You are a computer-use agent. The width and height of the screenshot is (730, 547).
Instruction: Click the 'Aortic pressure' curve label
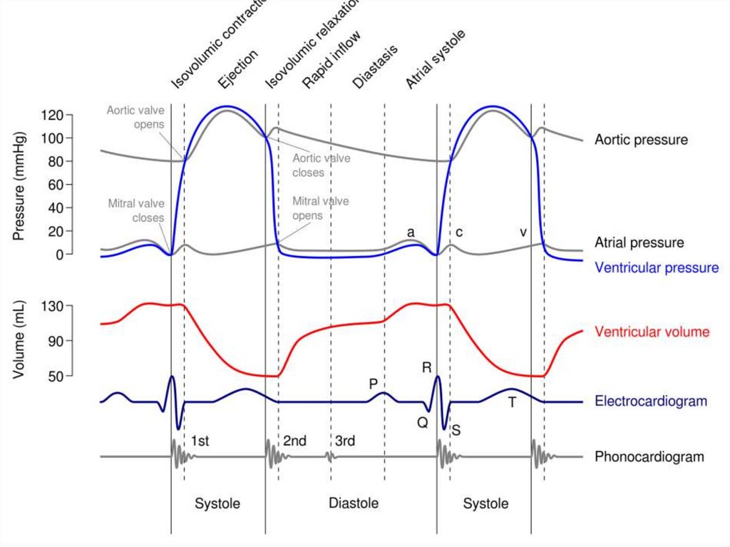(641, 140)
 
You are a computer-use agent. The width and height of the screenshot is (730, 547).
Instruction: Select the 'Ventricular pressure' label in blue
(657, 268)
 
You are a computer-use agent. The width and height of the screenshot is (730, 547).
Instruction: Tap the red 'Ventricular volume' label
(652, 332)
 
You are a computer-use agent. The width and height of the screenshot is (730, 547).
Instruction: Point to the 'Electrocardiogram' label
(650, 402)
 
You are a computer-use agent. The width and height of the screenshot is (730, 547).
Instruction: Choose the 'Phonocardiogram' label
(649, 457)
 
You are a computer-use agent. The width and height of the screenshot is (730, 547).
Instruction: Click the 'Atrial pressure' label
(639, 243)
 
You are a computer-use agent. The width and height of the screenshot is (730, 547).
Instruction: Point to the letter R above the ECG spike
(426, 368)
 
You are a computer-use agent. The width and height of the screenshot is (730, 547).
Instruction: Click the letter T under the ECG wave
(512, 403)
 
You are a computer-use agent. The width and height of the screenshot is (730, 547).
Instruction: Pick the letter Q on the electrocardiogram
(423, 421)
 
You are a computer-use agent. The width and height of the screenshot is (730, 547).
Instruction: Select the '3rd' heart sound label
(345, 441)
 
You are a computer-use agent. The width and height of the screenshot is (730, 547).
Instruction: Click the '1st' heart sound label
(200, 441)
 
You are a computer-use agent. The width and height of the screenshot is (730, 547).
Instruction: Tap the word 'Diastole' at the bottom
(354, 503)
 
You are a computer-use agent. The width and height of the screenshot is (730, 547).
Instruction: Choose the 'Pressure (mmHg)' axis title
(19, 185)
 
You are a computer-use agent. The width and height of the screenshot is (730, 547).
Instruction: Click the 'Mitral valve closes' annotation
(136, 210)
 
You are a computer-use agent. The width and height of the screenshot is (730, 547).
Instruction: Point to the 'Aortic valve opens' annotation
(135, 117)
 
